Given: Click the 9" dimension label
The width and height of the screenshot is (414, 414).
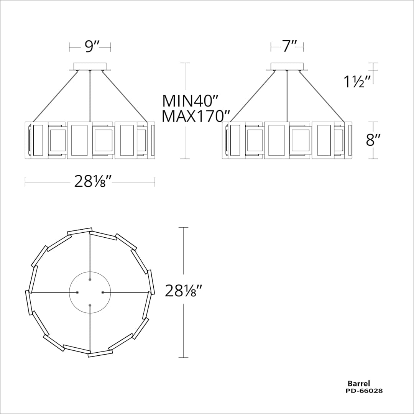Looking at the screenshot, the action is click(x=91, y=47).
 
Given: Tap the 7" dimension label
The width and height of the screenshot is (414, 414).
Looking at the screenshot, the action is click(x=287, y=46).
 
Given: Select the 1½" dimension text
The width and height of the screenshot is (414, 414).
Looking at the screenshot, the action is click(x=358, y=81).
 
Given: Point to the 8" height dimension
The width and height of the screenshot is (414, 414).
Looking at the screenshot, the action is click(x=373, y=140).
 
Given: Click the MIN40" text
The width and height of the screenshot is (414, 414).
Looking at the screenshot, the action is click(x=191, y=100).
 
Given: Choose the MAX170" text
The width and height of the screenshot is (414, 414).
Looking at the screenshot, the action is click(x=195, y=117).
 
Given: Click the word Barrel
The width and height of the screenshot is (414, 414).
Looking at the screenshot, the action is click(x=358, y=383).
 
